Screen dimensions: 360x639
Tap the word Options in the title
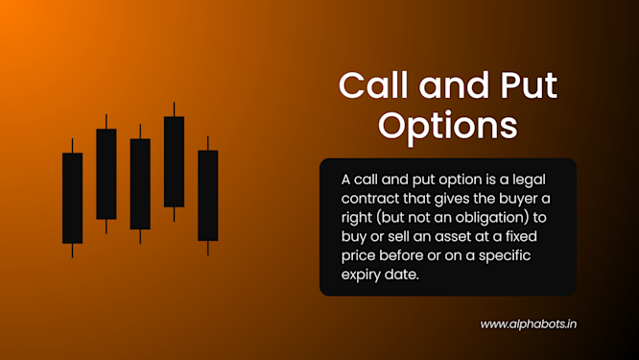coord(448,126)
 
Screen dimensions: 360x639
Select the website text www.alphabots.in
coord(528,324)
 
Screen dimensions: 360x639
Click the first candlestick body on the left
coord(72,197)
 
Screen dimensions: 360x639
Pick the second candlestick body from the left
coord(106,174)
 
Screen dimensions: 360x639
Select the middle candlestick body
coord(140,183)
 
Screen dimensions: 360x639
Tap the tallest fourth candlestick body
coord(174,161)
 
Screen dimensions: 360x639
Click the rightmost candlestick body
coord(208,195)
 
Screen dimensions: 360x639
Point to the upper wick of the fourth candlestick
coord(174,108)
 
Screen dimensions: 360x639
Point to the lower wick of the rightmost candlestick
coord(208,248)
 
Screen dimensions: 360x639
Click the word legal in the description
coord(544,180)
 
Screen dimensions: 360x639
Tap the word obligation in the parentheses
coord(484,216)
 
